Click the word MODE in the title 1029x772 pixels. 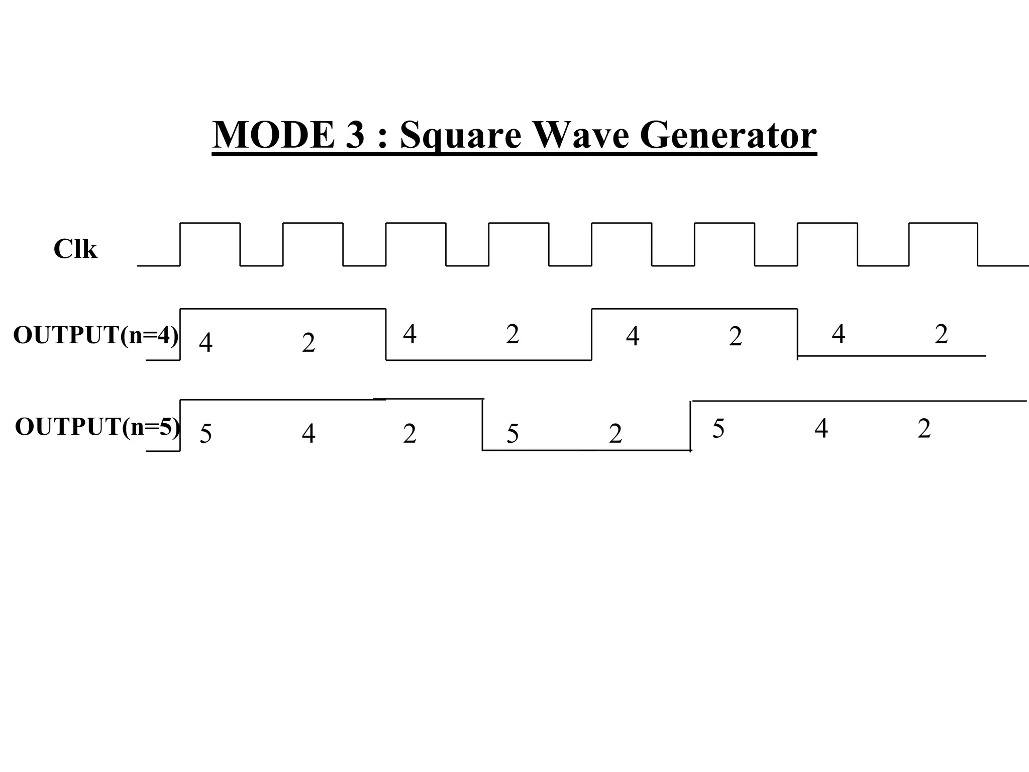(x=273, y=135)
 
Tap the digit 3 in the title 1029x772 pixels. (x=355, y=135)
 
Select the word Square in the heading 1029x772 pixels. (x=460, y=136)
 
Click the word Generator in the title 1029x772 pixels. (x=728, y=135)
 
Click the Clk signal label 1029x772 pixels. (x=75, y=249)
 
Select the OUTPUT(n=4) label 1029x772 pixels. (x=95, y=335)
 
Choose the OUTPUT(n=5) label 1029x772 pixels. (x=97, y=427)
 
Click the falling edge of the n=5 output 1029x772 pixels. (x=482, y=425)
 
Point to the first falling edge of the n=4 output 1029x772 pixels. (x=386, y=334)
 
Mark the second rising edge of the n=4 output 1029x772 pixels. (x=592, y=334)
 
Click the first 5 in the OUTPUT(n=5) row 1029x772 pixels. (x=205, y=433)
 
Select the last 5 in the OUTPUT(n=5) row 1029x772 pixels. (x=718, y=429)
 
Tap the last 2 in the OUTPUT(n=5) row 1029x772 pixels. (x=924, y=429)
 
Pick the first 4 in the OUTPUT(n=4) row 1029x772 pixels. (x=205, y=343)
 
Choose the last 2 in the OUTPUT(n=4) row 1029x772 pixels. (x=941, y=334)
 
